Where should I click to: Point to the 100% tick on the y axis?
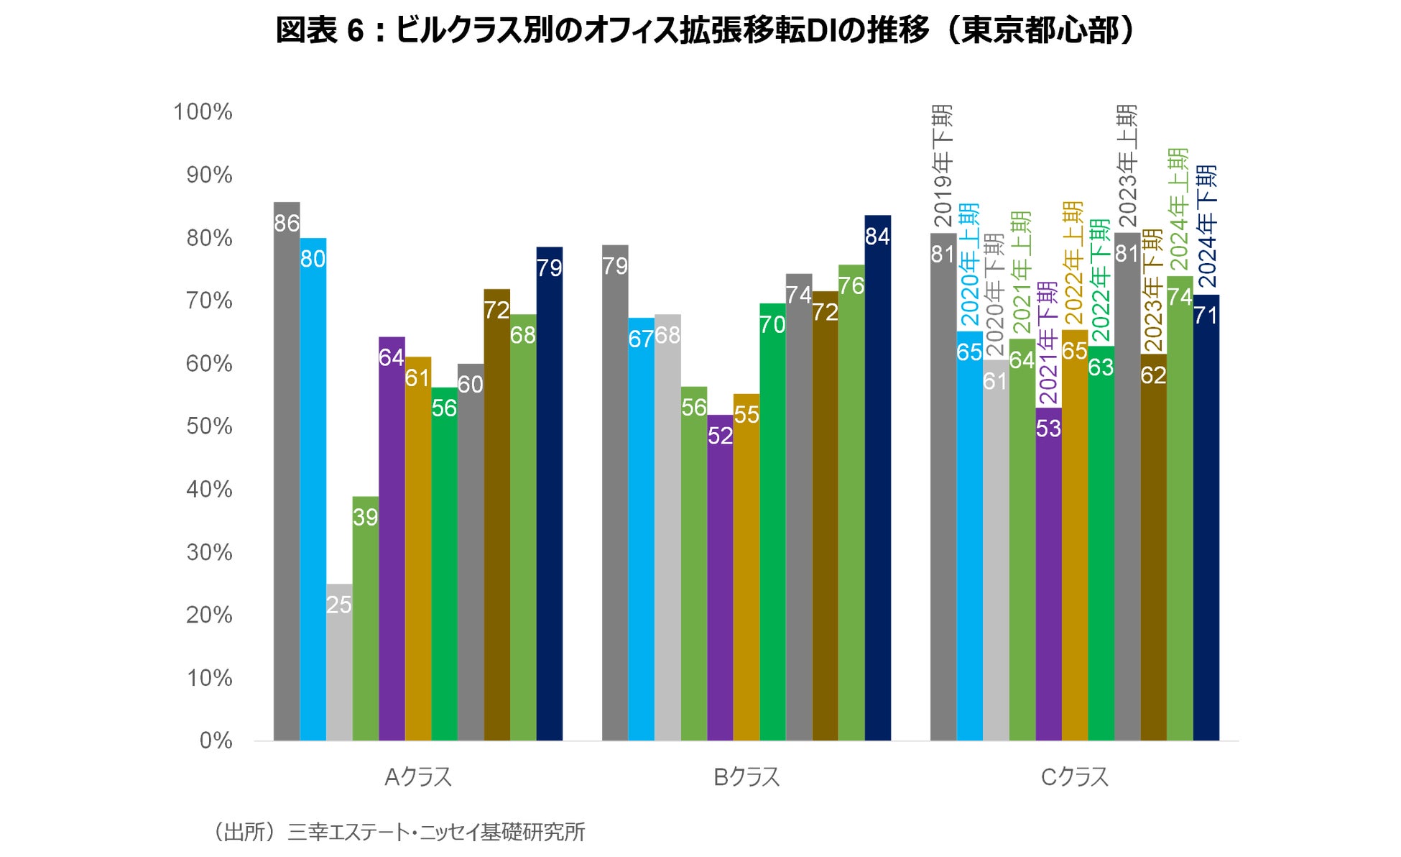tap(203, 112)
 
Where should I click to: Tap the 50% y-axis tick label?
tap(209, 426)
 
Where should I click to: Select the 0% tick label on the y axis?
tap(216, 741)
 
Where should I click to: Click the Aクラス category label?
tap(418, 777)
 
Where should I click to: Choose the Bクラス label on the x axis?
tap(746, 777)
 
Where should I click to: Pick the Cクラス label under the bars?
tap(1075, 777)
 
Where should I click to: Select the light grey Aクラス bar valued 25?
tap(339, 661)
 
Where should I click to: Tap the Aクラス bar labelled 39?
tap(366, 618)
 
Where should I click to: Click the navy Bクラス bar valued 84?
tap(877, 478)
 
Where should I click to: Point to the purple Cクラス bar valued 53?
tap(1048, 575)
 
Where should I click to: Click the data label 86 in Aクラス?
tap(287, 224)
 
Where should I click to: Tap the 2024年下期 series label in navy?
tap(1207, 226)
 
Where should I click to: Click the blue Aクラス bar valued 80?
tap(313, 489)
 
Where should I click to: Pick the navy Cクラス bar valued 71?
tap(1206, 518)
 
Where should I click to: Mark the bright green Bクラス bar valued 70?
tap(772, 521)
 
